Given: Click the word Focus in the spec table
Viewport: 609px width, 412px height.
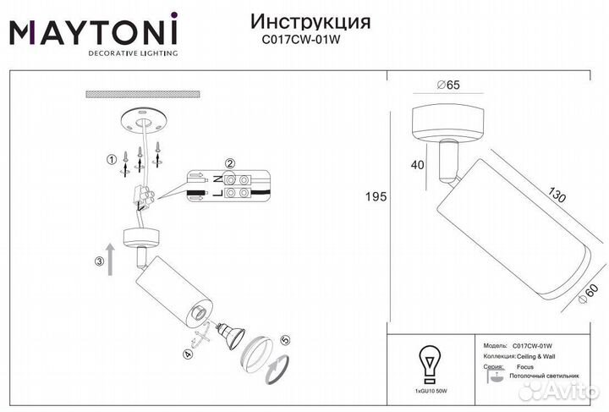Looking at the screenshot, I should pyautogui.click(x=524, y=369).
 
